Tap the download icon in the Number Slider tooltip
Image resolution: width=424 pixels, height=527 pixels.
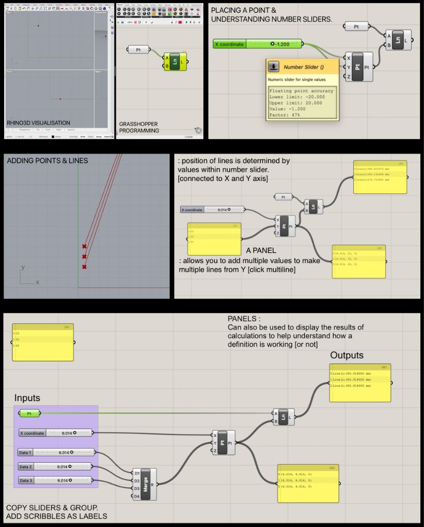(274, 67)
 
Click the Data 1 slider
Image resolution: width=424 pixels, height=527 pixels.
(56, 453)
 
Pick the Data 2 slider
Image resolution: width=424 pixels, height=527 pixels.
(56, 467)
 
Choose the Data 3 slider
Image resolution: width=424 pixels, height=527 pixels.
(56, 481)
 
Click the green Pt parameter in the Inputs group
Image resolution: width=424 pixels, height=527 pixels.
(29, 413)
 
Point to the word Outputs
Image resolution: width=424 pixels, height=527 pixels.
(347, 355)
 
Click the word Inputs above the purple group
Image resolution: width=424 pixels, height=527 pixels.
(28, 398)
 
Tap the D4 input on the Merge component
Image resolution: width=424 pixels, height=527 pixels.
(136, 497)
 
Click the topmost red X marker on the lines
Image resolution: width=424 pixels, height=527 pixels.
(84, 247)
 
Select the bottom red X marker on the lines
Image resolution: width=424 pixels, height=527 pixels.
(84, 267)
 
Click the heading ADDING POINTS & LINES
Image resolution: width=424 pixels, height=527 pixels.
(48, 161)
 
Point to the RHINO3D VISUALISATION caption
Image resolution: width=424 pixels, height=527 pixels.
(39, 123)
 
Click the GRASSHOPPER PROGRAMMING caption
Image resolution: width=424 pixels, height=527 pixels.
(138, 128)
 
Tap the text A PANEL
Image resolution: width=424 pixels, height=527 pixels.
(261, 250)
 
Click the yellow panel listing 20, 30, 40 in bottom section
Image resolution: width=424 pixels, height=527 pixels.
(43, 342)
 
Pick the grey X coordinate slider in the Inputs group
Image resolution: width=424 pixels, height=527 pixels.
(56, 433)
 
